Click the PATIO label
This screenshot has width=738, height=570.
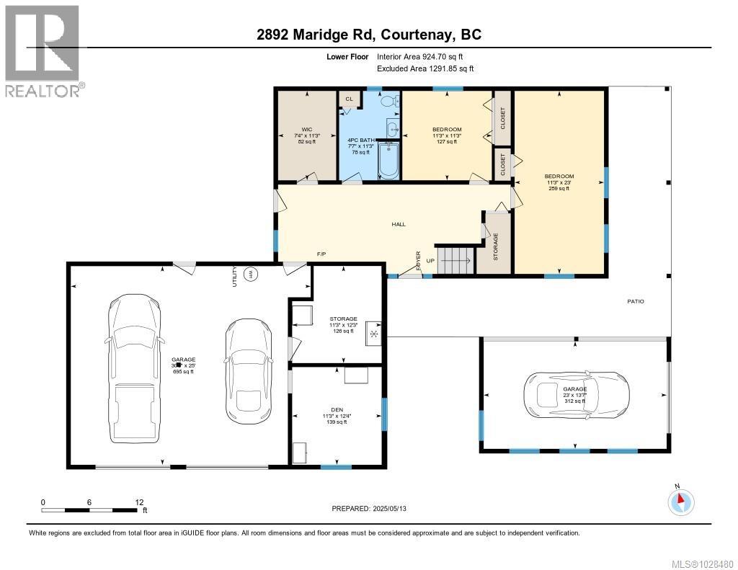[635, 301]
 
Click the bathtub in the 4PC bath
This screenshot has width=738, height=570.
[388, 159]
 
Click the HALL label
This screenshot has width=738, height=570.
[399, 224]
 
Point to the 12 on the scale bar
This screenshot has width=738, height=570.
[138, 502]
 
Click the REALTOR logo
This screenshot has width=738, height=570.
[44, 50]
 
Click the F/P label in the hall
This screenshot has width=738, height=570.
[322, 254]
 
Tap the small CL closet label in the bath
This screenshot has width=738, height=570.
[350, 99]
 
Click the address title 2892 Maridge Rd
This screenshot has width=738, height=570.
[369, 35]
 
